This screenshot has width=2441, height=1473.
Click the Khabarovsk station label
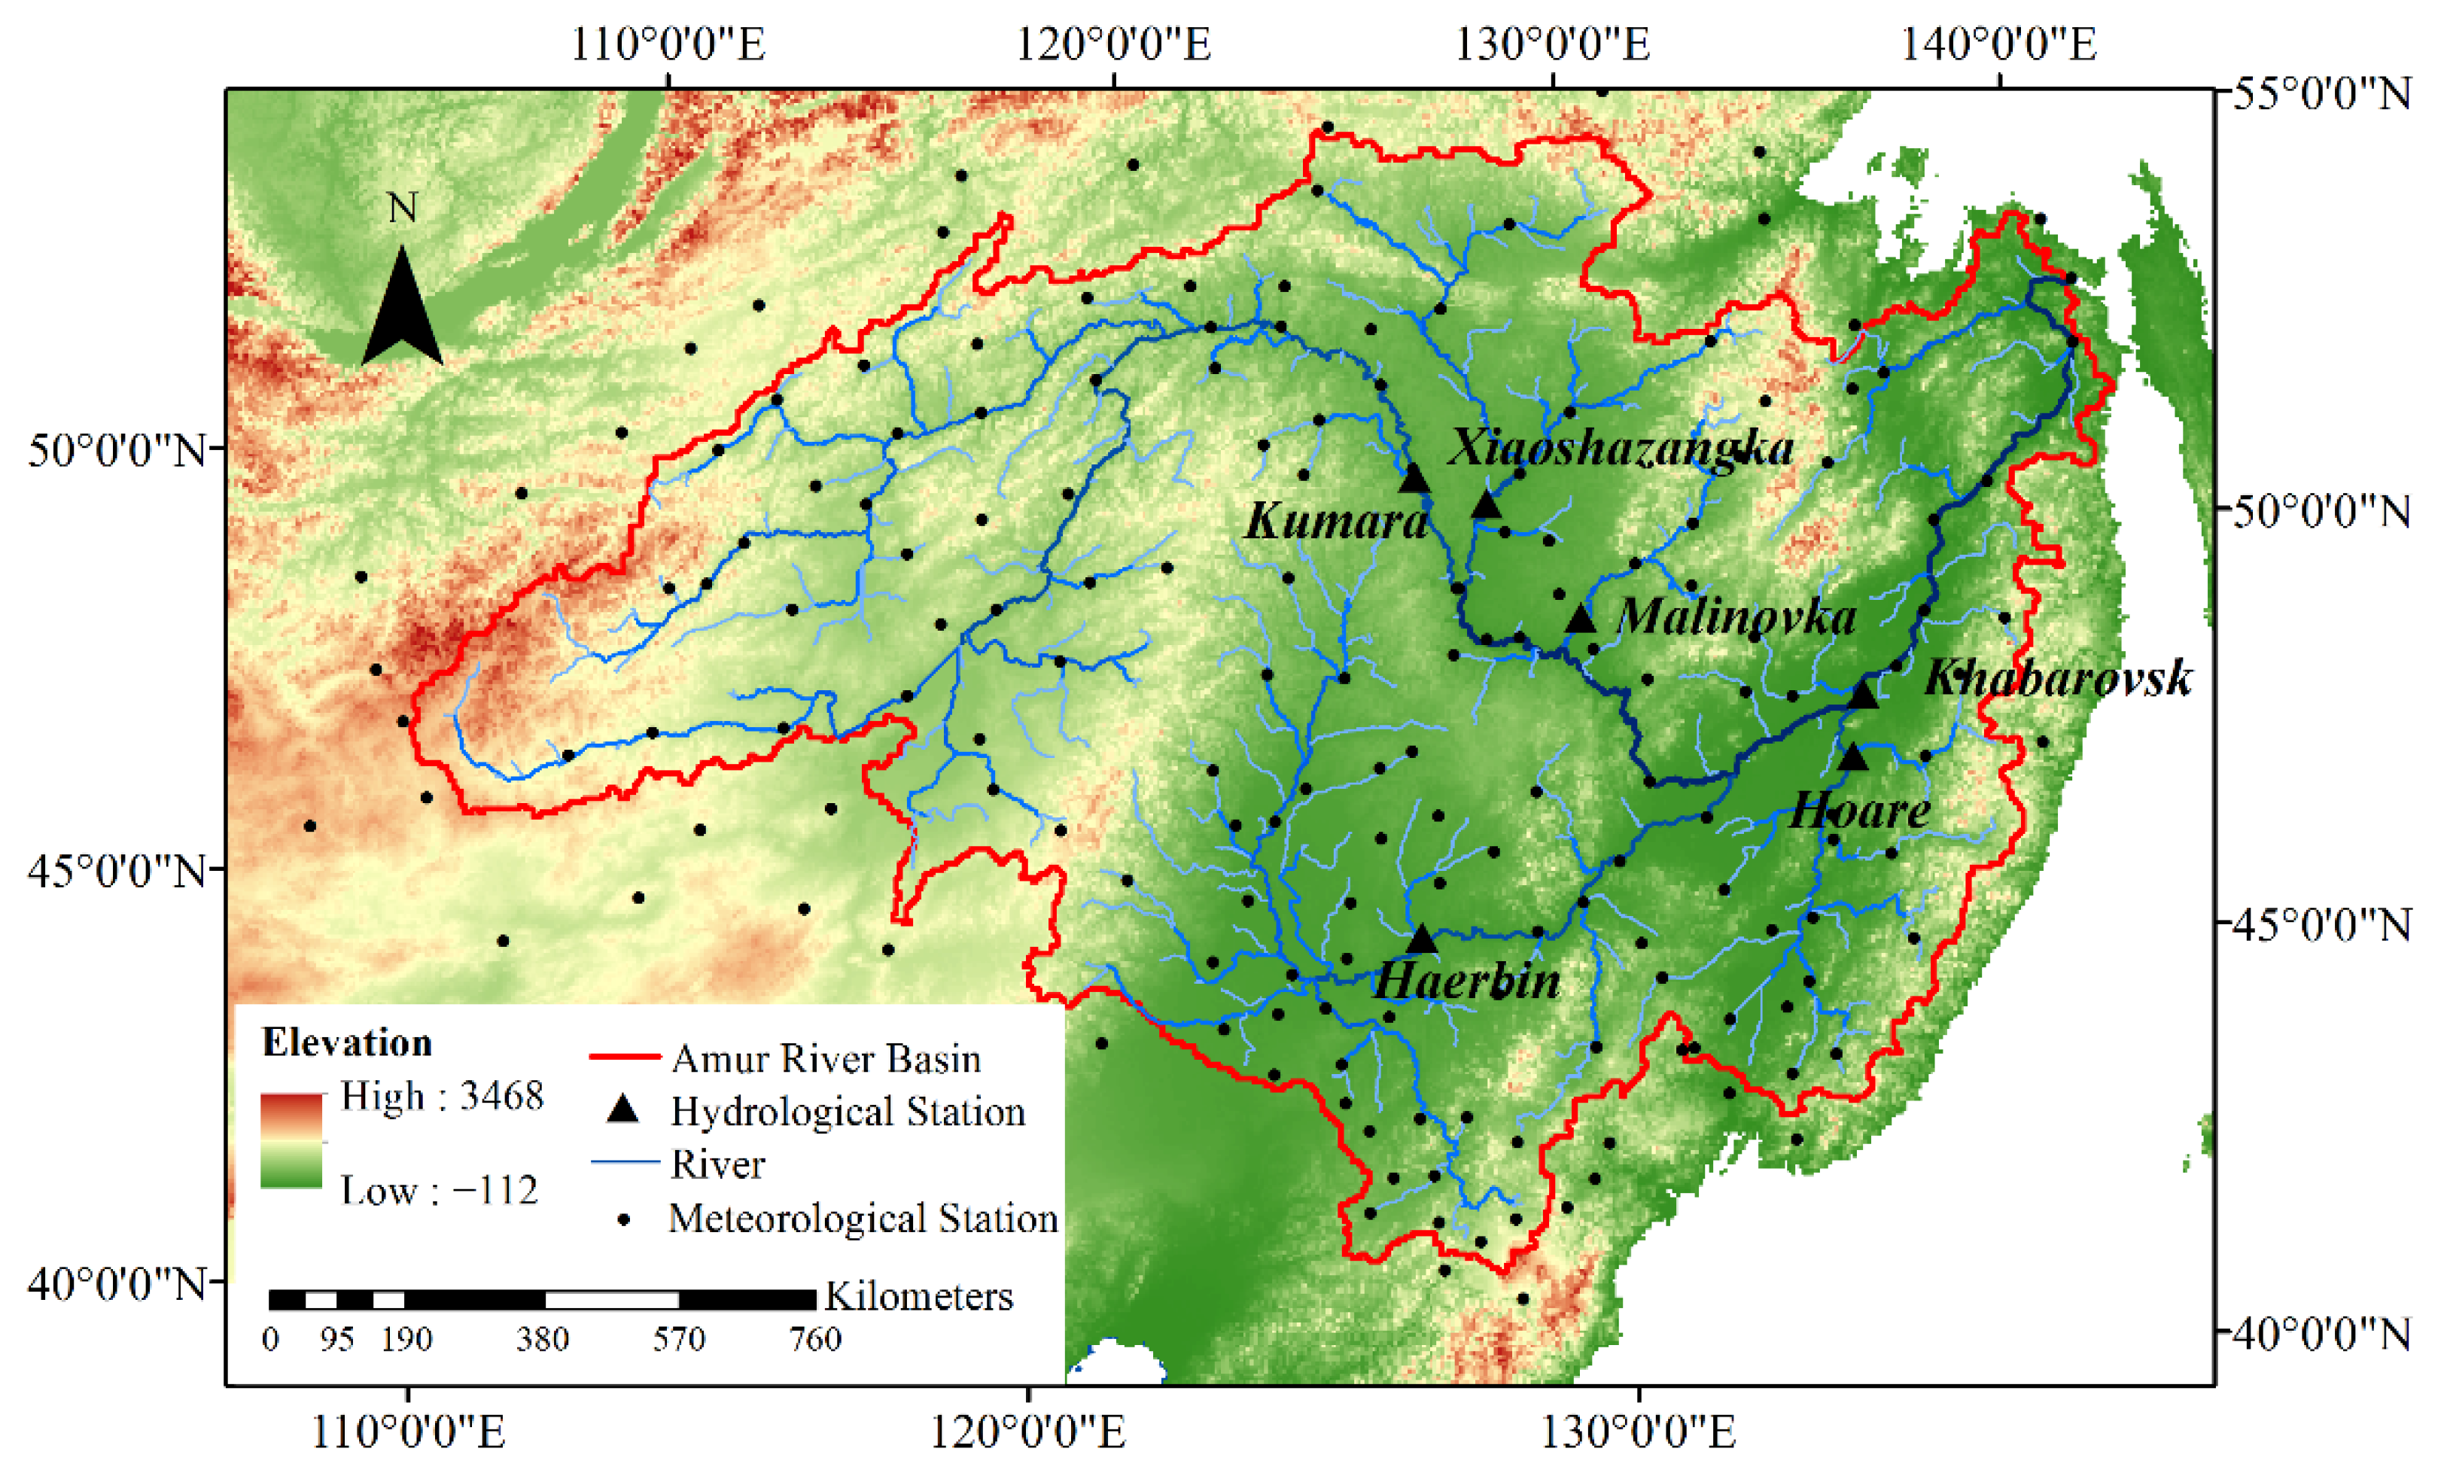point(2058,680)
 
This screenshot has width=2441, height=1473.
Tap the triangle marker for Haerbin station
point(1422,938)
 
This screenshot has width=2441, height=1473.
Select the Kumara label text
point(1336,521)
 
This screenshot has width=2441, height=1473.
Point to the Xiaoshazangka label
point(1621,448)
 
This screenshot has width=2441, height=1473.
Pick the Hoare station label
point(1859,811)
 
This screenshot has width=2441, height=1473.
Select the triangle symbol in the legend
point(623,1109)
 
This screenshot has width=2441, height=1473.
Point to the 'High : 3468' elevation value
point(442,1096)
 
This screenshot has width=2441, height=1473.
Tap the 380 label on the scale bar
point(542,1339)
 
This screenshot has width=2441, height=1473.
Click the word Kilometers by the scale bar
point(918,1297)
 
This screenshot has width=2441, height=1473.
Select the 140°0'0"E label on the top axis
point(1998,44)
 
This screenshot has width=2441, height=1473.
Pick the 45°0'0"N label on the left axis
point(117,872)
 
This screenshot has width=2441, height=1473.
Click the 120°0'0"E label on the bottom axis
point(1027,1432)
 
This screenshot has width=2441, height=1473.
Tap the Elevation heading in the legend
point(347,1043)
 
